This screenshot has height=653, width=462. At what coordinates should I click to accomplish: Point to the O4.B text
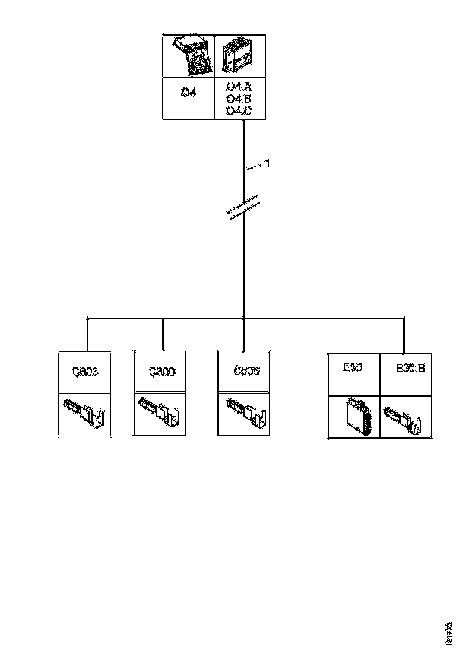[239, 99]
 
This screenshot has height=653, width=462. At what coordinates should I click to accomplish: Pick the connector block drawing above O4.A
[239, 56]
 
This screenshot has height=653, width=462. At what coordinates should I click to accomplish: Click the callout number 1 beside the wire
[268, 163]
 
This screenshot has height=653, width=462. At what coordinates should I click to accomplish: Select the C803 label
[85, 372]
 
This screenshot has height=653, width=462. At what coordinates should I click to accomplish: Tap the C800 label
[161, 372]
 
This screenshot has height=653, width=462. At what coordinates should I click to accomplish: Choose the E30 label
[353, 368]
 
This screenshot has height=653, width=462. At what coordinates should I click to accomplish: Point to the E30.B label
[410, 369]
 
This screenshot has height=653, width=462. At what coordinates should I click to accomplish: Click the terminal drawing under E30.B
[406, 417]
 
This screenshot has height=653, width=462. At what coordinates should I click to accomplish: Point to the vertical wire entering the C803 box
[88, 335]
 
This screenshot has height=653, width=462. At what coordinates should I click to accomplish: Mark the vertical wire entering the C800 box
[163, 335]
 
